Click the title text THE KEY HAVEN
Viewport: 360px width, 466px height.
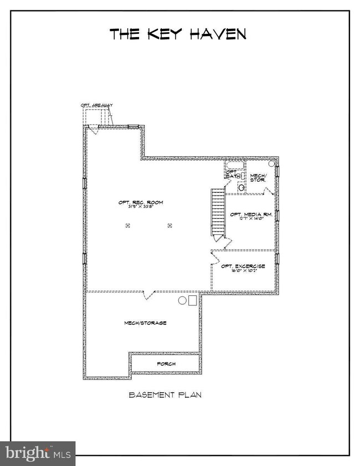[x=178, y=34]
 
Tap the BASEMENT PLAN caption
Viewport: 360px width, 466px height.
[x=164, y=395]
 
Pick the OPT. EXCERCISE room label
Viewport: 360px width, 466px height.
[x=243, y=266]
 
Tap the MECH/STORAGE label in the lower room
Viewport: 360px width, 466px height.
[x=145, y=322]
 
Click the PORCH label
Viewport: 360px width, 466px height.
[x=166, y=364]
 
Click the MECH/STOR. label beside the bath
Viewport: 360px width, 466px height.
[x=258, y=177]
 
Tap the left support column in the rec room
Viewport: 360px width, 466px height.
[x=127, y=226]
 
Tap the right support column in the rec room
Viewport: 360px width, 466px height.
[x=170, y=226]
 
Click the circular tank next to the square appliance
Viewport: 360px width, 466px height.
[x=182, y=300]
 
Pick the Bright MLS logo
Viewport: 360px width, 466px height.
[x=38, y=453]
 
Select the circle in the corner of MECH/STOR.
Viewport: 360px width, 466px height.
[x=271, y=164]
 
